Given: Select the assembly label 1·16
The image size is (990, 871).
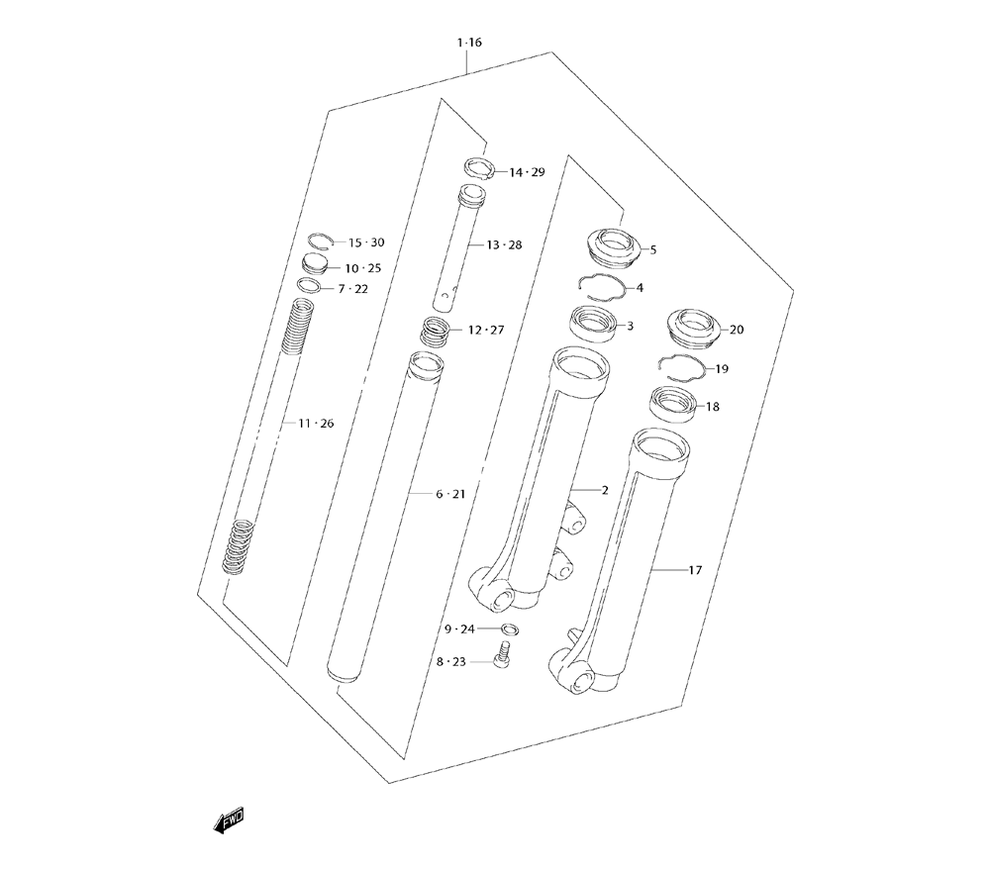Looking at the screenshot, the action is [469, 43].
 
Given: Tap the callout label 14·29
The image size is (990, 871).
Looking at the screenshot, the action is [528, 172].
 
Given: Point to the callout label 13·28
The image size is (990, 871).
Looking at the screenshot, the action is [505, 244].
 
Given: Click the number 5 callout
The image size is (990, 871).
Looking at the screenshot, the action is [652, 250].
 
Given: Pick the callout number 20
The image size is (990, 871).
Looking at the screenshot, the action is [737, 330].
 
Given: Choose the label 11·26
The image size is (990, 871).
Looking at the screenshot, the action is [317, 424].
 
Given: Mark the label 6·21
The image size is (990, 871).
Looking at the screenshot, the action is [450, 494].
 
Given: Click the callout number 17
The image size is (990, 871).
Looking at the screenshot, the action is [695, 570].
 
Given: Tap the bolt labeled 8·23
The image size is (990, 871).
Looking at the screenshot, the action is [503, 653].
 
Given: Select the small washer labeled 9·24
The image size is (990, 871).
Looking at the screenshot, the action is [511, 629].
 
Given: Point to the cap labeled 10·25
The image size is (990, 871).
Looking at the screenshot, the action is [317, 263].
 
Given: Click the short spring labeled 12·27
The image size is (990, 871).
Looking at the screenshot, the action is [436, 331].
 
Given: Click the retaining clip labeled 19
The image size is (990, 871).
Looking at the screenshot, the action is [682, 368].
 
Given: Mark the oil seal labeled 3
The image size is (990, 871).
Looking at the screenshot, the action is [593, 323].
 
